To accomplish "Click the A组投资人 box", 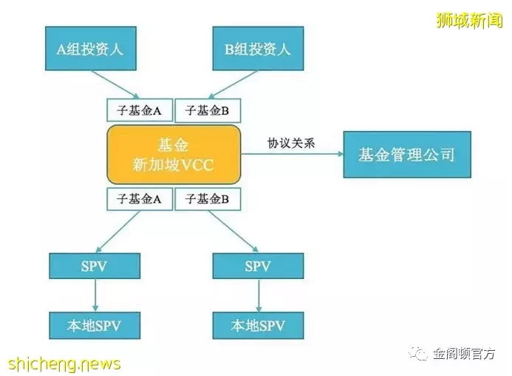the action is pyautogui.click(x=91, y=48).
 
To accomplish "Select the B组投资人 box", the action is pyautogui.click(x=258, y=48).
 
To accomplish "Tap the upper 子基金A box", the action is pyautogui.click(x=140, y=110).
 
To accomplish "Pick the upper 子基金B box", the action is pyautogui.click(x=208, y=110).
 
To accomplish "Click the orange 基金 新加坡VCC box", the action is pyautogui.click(x=174, y=155).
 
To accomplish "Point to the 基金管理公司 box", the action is pyautogui.click(x=407, y=155).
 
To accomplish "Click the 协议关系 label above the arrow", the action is pyautogui.click(x=291, y=143).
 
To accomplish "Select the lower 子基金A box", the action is pyautogui.click(x=140, y=198).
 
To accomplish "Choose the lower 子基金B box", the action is pyautogui.click(x=208, y=198).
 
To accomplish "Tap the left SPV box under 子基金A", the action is pyautogui.click(x=95, y=266).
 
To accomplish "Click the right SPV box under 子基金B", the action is pyautogui.click(x=258, y=266).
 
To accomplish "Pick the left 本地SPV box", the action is pyautogui.click(x=95, y=325).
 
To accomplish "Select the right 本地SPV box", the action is pyautogui.click(x=258, y=325).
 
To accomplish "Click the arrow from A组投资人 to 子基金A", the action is pyautogui.click(x=115, y=84).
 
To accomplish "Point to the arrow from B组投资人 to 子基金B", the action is pyautogui.click(x=233, y=84).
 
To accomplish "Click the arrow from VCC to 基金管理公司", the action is pyautogui.click(x=293, y=154).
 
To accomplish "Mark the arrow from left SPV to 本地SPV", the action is pyautogui.click(x=95, y=295).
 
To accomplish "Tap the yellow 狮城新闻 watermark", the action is pyautogui.click(x=469, y=20).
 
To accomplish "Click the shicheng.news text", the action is pyautogui.click(x=64, y=364).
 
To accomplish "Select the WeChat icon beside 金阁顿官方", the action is pyautogui.click(x=418, y=353).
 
